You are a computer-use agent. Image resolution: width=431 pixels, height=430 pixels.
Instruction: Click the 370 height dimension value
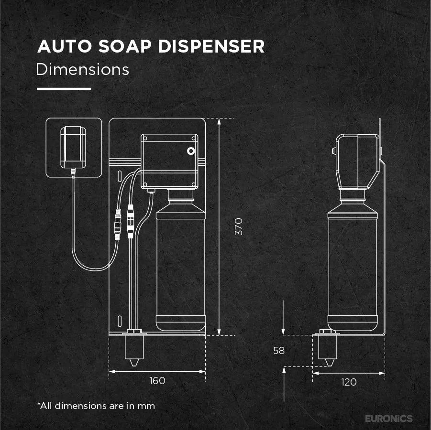(x=239, y=227)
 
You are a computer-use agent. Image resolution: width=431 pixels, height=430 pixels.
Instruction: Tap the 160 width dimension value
(x=157, y=381)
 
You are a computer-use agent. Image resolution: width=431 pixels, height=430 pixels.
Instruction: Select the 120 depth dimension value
(x=349, y=382)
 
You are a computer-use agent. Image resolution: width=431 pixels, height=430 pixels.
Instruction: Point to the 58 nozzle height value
(x=279, y=350)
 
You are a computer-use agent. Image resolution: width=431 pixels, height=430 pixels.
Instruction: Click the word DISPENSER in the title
(x=211, y=46)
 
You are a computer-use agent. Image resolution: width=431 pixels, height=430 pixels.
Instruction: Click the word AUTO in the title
(x=65, y=46)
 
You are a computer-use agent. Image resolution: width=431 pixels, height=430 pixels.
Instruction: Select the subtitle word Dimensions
(x=82, y=69)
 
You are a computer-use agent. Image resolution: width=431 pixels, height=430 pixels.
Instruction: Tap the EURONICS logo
(x=389, y=419)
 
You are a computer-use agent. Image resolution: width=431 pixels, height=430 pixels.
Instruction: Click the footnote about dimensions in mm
(x=96, y=406)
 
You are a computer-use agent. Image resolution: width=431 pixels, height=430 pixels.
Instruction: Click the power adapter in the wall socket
(x=73, y=148)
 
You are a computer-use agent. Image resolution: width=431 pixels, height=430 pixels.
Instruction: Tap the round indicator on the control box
(x=191, y=151)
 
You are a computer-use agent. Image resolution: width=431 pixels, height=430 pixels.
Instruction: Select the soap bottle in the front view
(x=181, y=260)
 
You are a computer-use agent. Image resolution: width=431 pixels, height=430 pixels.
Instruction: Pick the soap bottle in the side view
(x=353, y=260)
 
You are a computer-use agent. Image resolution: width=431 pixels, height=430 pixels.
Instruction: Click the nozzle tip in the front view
(x=134, y=365)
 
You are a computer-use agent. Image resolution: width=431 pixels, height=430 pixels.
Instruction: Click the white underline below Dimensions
(x=64, y=89)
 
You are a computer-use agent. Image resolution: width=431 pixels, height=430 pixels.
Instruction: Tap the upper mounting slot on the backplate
(x=120, y=176)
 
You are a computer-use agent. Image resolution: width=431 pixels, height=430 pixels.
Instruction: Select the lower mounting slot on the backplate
(x=120, y=321)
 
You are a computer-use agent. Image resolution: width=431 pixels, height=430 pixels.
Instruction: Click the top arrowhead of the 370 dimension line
(x=219, y=122)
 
